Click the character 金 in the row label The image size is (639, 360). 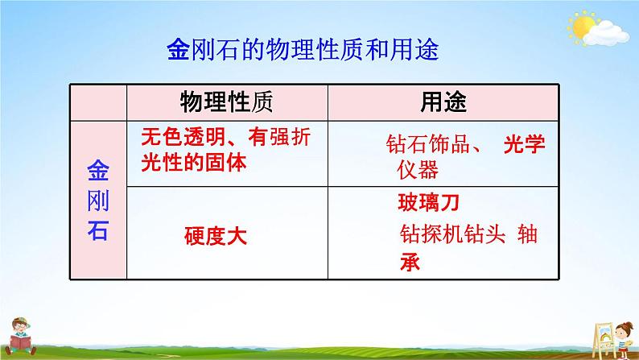pos(97,171)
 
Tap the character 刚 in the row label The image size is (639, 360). pos(97,199)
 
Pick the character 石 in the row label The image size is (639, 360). pos(97,229)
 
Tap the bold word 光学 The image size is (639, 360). pos(525,146)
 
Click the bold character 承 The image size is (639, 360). pos(409,262)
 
